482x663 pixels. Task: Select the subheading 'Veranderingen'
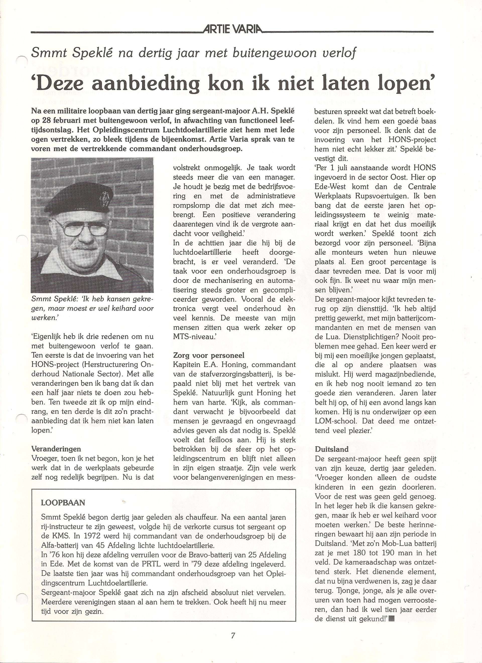click(x=56, y=449)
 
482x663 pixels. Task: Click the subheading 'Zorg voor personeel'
click(x=209, y=355)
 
